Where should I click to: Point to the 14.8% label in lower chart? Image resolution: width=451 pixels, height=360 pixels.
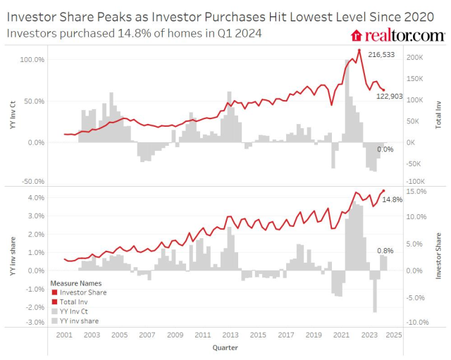tap(392, 199)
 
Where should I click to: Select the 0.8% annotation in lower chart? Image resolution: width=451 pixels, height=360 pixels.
tap(385, 250)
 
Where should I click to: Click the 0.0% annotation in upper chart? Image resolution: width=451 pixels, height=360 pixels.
tap(385, 149)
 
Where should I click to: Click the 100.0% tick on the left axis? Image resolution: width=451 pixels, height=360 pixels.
tap(32, 60)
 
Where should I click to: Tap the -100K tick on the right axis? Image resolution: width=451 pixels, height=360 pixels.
tap(415, 181)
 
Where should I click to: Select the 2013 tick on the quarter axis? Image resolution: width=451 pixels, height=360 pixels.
tap(230, 335)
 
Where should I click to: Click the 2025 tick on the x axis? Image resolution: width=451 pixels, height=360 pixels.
tap(395, 335)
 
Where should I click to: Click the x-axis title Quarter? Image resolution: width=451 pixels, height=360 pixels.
tap(225, 347)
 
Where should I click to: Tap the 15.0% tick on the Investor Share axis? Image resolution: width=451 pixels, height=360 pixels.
tap(416, 191)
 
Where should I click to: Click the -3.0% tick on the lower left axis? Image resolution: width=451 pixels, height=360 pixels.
tap(34, 323)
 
